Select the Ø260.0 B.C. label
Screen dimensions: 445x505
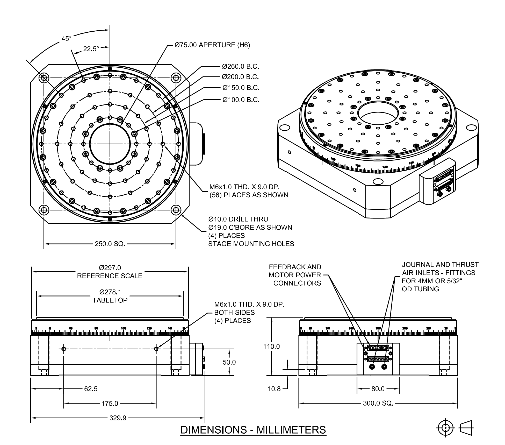241,67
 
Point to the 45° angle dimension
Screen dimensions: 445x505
66,39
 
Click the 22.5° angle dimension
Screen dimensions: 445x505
91,49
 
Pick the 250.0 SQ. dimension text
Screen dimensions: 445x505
110,244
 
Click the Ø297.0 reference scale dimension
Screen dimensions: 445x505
110,268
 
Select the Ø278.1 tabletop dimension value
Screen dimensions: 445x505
110,292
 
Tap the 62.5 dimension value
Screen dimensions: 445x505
91,389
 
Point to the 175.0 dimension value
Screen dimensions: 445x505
110,404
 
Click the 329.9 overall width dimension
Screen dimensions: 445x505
118,418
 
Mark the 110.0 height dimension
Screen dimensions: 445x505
272,346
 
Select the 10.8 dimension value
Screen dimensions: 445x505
274,389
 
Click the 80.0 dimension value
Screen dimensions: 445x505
378,389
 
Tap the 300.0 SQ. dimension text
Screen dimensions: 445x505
378,403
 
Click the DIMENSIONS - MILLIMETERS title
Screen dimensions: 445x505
253,430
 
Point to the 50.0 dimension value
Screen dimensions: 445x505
229,362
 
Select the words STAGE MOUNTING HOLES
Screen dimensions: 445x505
251,244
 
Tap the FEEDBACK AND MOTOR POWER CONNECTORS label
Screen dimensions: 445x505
295,275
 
